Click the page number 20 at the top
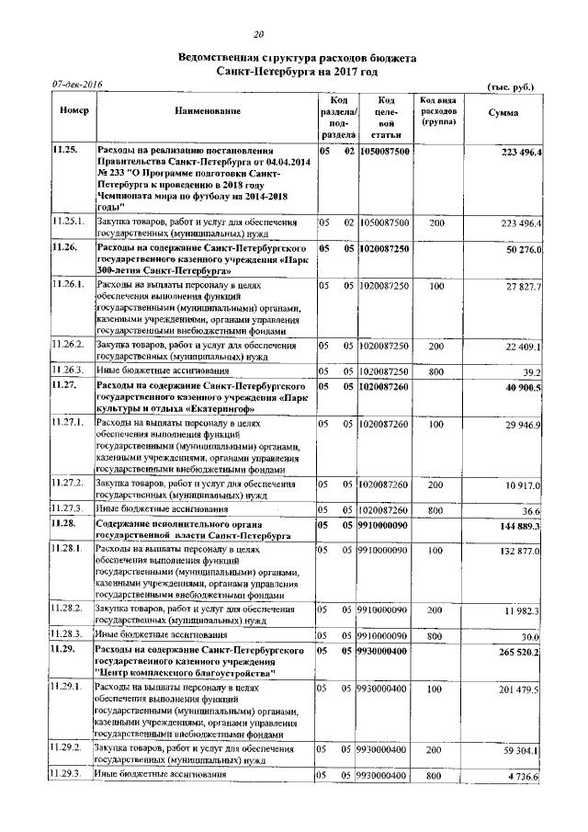coord(296,34)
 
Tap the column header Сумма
coord(503,112)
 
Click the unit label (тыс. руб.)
coord(511,85)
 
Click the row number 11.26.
coord(64,249)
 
